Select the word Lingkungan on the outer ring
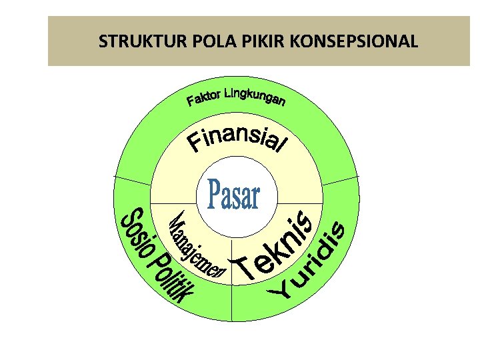(x=256, y=96)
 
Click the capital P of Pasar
(x=214, y=194)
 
